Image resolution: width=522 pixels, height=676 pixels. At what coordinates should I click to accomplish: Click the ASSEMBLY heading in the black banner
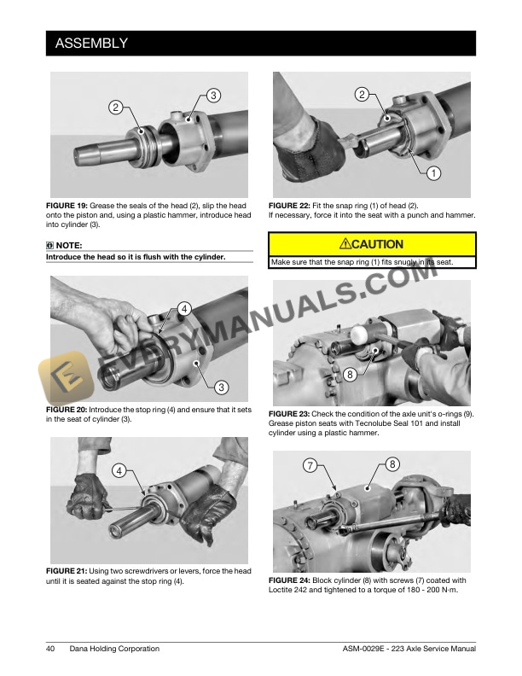pyautogui.click(x=91, y=44)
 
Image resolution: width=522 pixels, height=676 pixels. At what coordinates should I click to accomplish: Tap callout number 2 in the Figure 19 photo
pyautogui.click(x=115, y=107)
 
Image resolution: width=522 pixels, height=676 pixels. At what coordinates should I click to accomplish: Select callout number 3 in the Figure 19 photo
pyautogui.click(x=213, y=96)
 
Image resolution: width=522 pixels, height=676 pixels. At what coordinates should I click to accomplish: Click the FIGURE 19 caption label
pyautogui.click(x=67, y=206)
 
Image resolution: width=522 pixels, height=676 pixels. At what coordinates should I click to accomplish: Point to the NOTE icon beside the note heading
pyautogui.click(x=49, y=245)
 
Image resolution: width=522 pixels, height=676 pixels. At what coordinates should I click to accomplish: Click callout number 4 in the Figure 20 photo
pyautogui.click(x=184, y=309)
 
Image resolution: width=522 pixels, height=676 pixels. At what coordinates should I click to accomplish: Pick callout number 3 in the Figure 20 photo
pyautogui.click(x=222, y=388)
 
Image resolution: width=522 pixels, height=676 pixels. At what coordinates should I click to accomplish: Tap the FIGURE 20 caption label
pyautogui.click(x=67, y=410)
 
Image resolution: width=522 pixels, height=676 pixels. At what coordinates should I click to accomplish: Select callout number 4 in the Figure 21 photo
pyautogui.click(x=119, y=471)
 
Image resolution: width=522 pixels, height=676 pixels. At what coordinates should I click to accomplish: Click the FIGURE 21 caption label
pyautogui.click(x=67, y=571)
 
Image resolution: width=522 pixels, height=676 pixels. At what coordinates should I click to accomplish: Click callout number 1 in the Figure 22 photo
pyautogui.click(x=433, y=173)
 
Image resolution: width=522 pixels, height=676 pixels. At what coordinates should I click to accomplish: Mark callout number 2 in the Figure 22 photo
pyautogui.click(x=362, y=95)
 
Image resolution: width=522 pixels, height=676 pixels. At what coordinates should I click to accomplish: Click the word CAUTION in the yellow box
pyautogui.click(x=378, y=244)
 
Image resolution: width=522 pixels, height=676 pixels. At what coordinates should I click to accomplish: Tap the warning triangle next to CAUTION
pyautogui.click(x=345, y=244)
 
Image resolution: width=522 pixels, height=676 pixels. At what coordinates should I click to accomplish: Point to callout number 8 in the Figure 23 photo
pyautogui.click(x=350, y=375)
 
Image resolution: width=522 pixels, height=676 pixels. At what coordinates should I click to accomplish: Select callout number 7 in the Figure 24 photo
pyautogui.click(x=310, y=466)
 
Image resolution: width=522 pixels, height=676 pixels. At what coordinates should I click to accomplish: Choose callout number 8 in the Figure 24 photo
pyautogui.click(x=392, y=464)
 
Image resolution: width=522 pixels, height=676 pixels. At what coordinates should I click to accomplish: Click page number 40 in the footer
pyautogui.click(x=50, y=649)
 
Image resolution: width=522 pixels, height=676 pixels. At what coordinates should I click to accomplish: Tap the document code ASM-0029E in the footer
pyautogui.click(x=363, y=649)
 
